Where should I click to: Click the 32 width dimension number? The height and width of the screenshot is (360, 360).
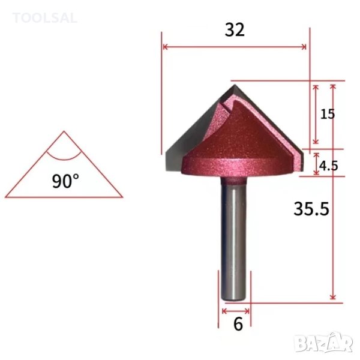tap(235, 30)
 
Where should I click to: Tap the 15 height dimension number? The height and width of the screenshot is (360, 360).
tap(327, 114)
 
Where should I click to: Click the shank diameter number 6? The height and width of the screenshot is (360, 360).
tap(238, 325)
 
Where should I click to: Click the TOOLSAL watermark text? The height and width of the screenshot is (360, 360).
tap(45, 18)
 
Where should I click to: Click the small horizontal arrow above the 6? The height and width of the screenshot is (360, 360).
tap(236, 311)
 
